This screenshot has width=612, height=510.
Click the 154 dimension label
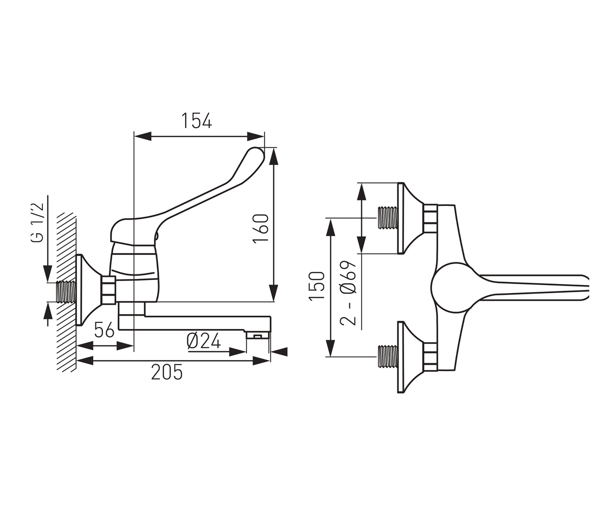196,120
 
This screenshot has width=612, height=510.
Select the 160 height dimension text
261,228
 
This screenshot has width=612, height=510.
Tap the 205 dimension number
167,372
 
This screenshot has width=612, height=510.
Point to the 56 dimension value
104,329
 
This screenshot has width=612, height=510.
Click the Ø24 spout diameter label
203,341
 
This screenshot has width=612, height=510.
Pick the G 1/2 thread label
37,222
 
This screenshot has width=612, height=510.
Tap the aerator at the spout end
258,335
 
